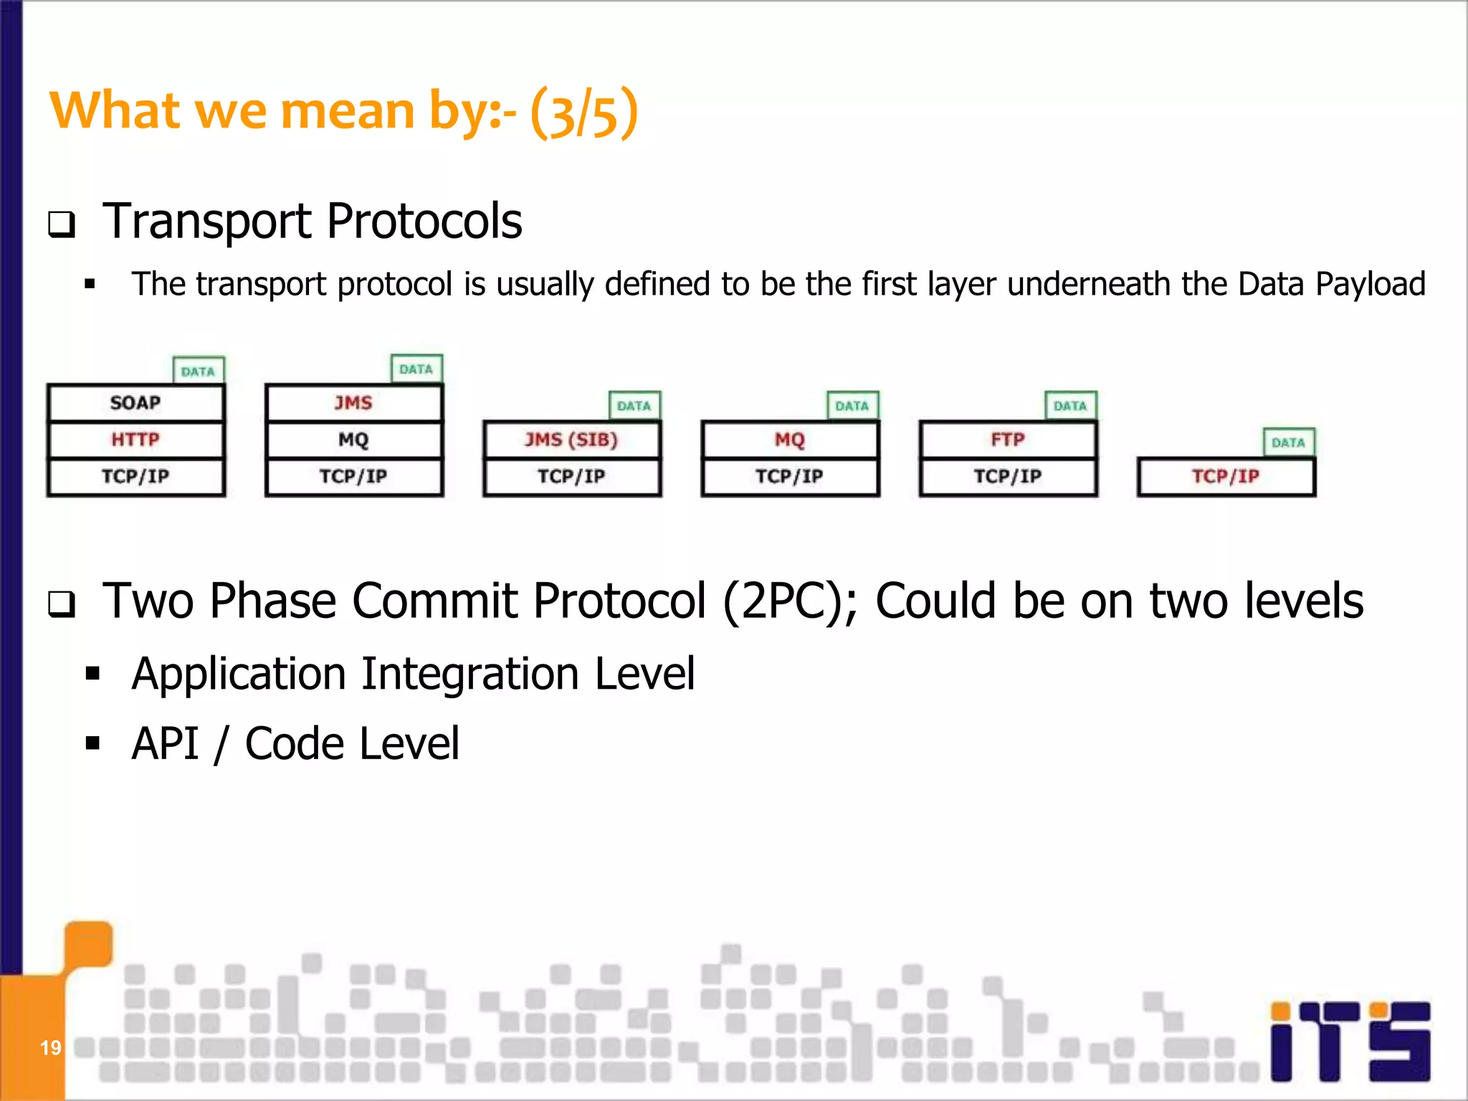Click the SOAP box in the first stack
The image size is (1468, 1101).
coord(135,403)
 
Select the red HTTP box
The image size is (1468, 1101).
coord(135,439)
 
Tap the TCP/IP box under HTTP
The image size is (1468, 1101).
coord(135,477)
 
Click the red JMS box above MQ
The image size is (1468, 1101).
coord(353,403)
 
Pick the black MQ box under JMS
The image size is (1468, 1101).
coord(353,439)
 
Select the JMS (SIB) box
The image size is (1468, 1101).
coord(571,439)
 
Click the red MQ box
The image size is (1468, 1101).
coord(789,439)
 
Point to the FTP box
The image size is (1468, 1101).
coord(1008,439)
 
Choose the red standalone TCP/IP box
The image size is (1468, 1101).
coord(1226,477)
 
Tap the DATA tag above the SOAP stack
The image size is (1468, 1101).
coord(199,371)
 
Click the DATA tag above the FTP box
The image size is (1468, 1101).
coord(1070,406)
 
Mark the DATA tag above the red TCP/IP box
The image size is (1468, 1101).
coord(1288,442)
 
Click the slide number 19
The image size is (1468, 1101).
coord(51,1048)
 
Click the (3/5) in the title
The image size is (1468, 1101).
coord(584,113)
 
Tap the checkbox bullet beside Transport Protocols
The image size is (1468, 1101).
coord(62,225)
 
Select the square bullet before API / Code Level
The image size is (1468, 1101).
coord(92,743)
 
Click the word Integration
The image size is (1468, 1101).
coord(470,674)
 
